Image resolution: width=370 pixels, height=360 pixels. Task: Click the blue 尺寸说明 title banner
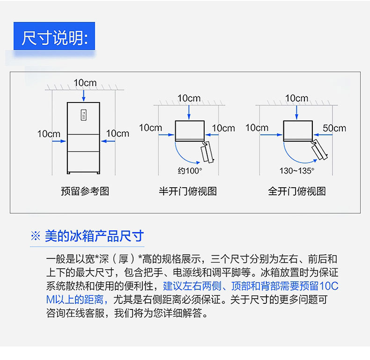[x=54, y=36]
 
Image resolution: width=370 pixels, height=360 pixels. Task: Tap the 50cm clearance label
[x=334, y=128]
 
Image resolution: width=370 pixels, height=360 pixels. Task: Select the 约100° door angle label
[x=190, y=170]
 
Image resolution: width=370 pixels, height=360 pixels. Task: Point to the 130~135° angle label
[x=297, y=170]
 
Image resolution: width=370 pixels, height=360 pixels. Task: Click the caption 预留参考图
[x=85, y=191]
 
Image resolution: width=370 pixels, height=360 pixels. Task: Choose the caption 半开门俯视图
[x=188, y=191]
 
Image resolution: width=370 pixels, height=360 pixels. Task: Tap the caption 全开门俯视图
[x=297, y=191]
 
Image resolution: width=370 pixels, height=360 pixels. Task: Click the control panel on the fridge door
[x=83, y=115]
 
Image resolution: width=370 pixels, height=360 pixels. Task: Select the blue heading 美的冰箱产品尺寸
[x=95, y=236]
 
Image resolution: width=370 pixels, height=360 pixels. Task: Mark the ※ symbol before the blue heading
[x=36, y=236]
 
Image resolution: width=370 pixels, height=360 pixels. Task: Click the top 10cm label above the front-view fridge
[x=85, y=83]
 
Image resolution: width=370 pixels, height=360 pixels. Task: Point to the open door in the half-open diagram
[x=207, y=152]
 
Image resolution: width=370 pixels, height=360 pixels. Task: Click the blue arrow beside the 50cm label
[x=323, y=135]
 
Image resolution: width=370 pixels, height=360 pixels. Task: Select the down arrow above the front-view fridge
[x=83, y=96]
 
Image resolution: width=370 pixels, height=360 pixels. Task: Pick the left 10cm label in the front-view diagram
[x=49, y=134]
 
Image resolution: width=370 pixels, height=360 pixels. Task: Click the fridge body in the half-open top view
[x=190, y=131]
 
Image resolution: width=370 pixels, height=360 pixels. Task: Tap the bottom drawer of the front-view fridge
[x=83, y=162]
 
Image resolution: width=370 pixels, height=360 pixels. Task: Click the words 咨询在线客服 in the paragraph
[x=75, y=313]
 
